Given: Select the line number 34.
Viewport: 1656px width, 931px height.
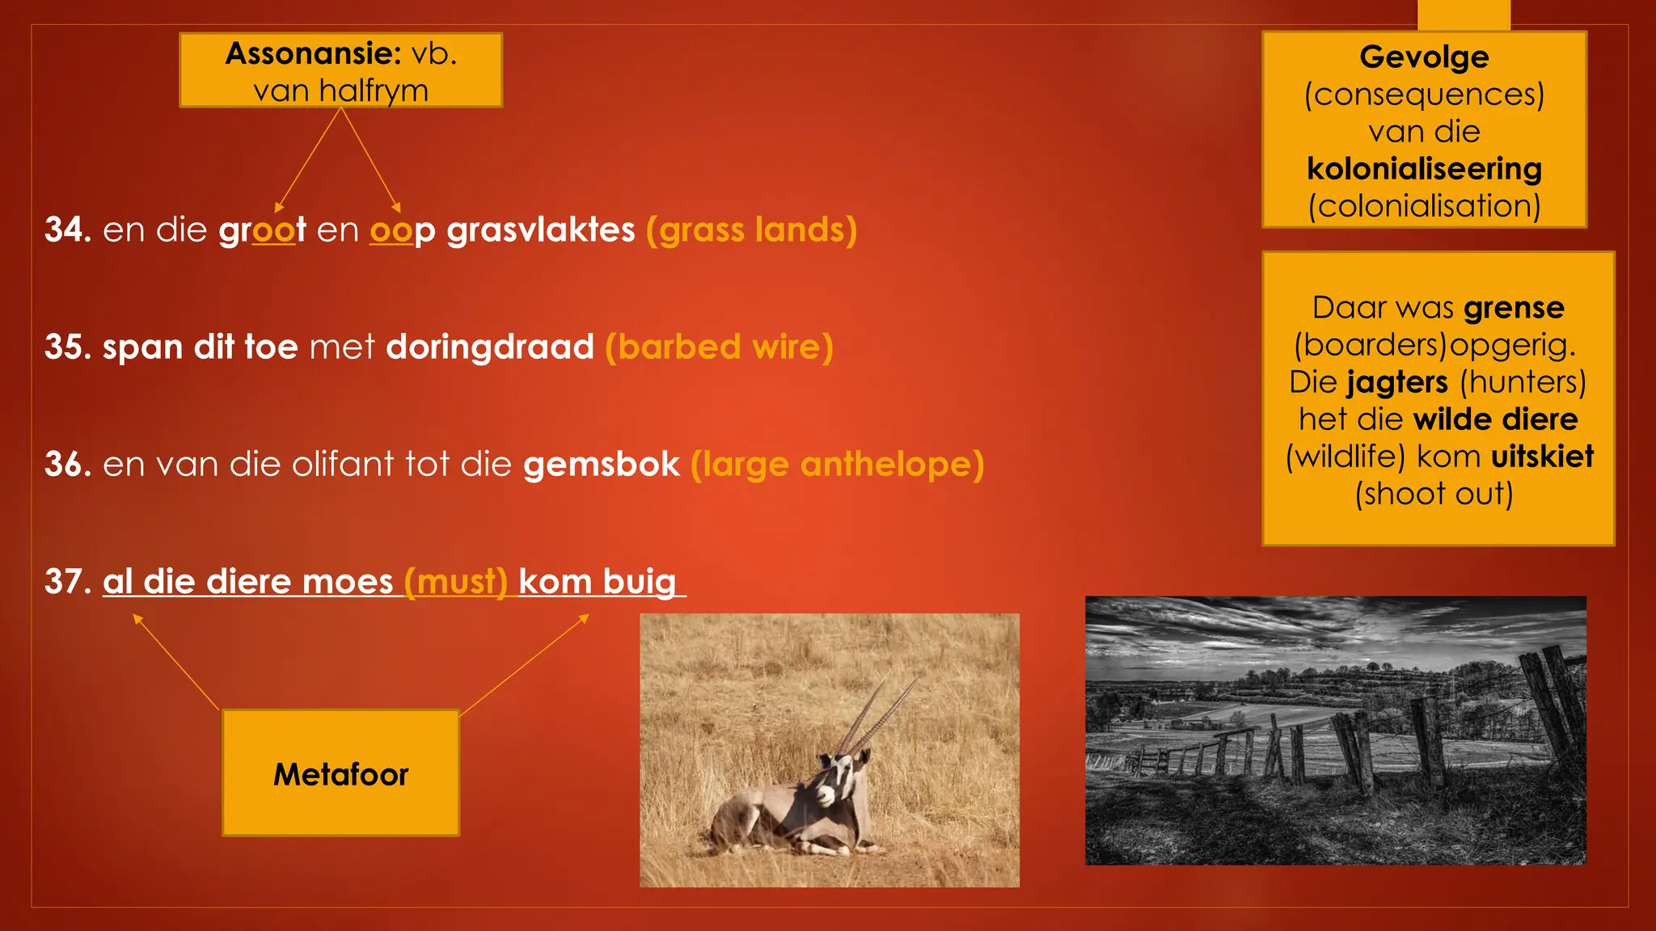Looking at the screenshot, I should (68, 230).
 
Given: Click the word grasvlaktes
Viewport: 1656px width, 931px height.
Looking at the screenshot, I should (540, 230).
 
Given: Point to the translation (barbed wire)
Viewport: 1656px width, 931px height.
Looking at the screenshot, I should (719, 347).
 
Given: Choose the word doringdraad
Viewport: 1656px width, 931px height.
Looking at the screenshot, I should (490, 347).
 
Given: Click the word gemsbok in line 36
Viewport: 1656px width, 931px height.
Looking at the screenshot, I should (602, 464).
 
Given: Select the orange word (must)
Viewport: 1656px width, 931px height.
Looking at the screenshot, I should (456, 581).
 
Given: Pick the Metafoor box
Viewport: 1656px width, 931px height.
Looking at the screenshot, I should (340, 773).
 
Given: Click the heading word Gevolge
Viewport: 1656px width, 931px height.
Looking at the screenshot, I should (1424, 57).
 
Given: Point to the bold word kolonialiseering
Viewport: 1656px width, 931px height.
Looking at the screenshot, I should (1424, 169).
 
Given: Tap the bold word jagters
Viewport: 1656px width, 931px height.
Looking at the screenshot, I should (1396, 381).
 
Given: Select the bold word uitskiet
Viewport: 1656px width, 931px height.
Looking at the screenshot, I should (1542, 457).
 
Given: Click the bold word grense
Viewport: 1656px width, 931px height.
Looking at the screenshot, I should (1513, 308).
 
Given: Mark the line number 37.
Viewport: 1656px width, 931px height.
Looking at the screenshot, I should (68, 581).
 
